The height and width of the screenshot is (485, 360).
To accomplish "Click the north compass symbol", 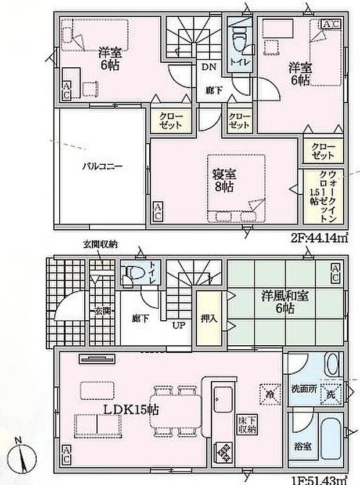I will (x=21, y=454).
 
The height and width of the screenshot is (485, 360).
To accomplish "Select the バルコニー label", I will (x=101, y=165).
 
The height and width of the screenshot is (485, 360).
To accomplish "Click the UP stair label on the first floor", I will (x=178, y=325).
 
